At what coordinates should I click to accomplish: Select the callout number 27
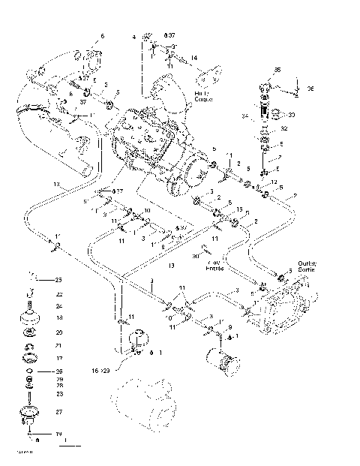pyautogui.click(x=59, y=412)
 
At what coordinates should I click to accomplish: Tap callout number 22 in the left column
pyautogui.click(x=59, y=295)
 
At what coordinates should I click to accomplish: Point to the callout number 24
pyautogui.click(x=59, y=306)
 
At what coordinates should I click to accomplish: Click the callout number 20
pyautogui.click(x=59, y=332)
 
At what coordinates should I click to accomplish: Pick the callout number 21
pyautogui.click(x=59, y=345)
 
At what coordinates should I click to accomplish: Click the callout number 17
pyautogui.click(x=59, y=358)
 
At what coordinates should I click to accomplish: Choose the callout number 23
pyautogui.click(x=59, y=393)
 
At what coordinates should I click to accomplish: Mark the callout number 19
pyautogui.click(x=59, y=434)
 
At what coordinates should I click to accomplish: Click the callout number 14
pyautogui.click(x=193, y=58)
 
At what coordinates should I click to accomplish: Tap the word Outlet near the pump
pyautogui.click(x=307, y=262)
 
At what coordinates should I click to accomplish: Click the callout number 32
pyautogui.click(x=283, y=128)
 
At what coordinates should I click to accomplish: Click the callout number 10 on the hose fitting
pyautogui.click(x=148, y=211)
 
